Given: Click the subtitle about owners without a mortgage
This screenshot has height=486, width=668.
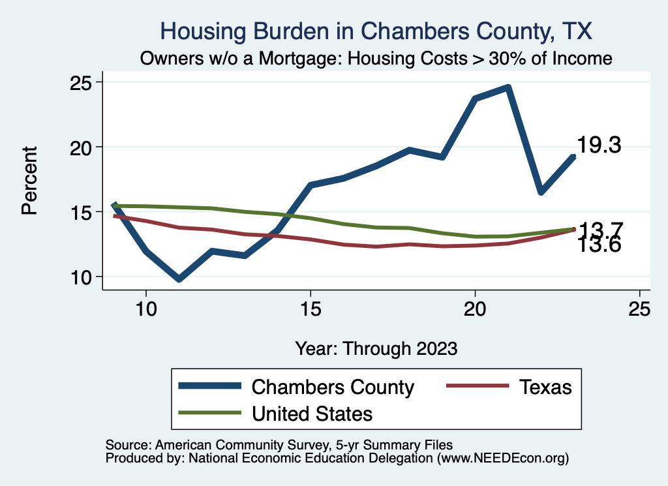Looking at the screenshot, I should pos(376,59).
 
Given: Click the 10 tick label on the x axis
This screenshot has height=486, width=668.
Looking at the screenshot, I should pos(146,310).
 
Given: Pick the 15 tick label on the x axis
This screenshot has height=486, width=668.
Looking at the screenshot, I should pos(311,310).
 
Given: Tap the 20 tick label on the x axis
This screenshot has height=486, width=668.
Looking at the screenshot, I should pos(475,310).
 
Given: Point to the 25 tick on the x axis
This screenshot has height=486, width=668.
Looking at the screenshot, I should pos(639,310).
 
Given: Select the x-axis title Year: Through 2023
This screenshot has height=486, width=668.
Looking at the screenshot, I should pos(376,348).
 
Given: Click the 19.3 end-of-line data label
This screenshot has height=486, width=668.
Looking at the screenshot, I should pos(599,145).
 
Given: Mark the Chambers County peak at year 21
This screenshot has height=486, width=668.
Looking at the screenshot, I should pos(508,87).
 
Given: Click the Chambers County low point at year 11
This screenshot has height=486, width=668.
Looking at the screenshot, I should pos(179,279).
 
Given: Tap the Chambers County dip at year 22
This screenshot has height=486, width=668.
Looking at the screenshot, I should pos(541,192).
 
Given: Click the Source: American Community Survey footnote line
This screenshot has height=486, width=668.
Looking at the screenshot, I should pos(279,445).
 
